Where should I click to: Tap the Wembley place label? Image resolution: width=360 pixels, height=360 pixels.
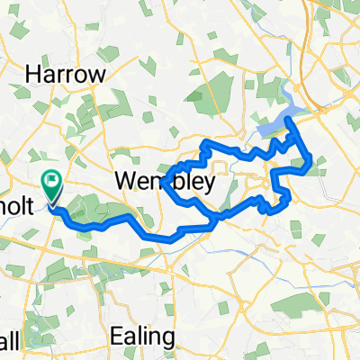(x=164, y=184)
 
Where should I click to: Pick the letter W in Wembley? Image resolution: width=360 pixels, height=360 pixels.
(x=126, y=184)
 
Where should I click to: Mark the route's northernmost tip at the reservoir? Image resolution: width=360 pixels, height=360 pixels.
(x=287, y=118)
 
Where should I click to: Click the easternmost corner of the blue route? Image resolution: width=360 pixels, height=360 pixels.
(x=311, y=162)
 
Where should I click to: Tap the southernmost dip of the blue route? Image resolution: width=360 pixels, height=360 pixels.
(x=171, y=239)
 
